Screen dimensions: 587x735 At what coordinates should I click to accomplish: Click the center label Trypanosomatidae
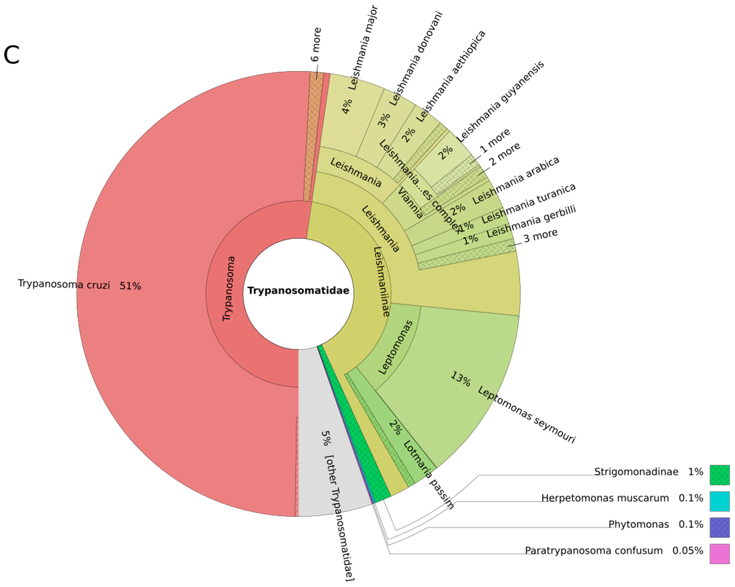point(298,291)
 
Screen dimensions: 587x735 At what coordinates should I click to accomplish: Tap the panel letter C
point(12,55)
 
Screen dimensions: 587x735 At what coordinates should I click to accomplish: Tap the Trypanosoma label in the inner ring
point(229,289)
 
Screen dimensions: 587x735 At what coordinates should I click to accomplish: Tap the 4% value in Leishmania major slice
point(347,106)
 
